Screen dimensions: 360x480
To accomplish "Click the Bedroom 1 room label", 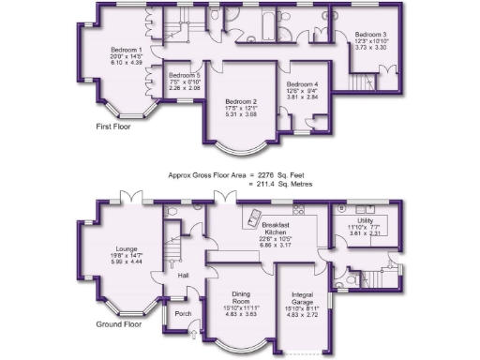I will tap(126, 49).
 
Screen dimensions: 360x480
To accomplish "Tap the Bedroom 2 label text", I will tap(242, 101).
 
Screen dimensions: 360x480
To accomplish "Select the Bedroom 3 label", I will tap(371, 35).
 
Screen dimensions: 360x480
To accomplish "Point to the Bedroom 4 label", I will tap(303, 84).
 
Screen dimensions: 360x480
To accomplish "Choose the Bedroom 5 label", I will tap(184, 75).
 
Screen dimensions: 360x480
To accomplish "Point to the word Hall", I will tap(184, 275).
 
